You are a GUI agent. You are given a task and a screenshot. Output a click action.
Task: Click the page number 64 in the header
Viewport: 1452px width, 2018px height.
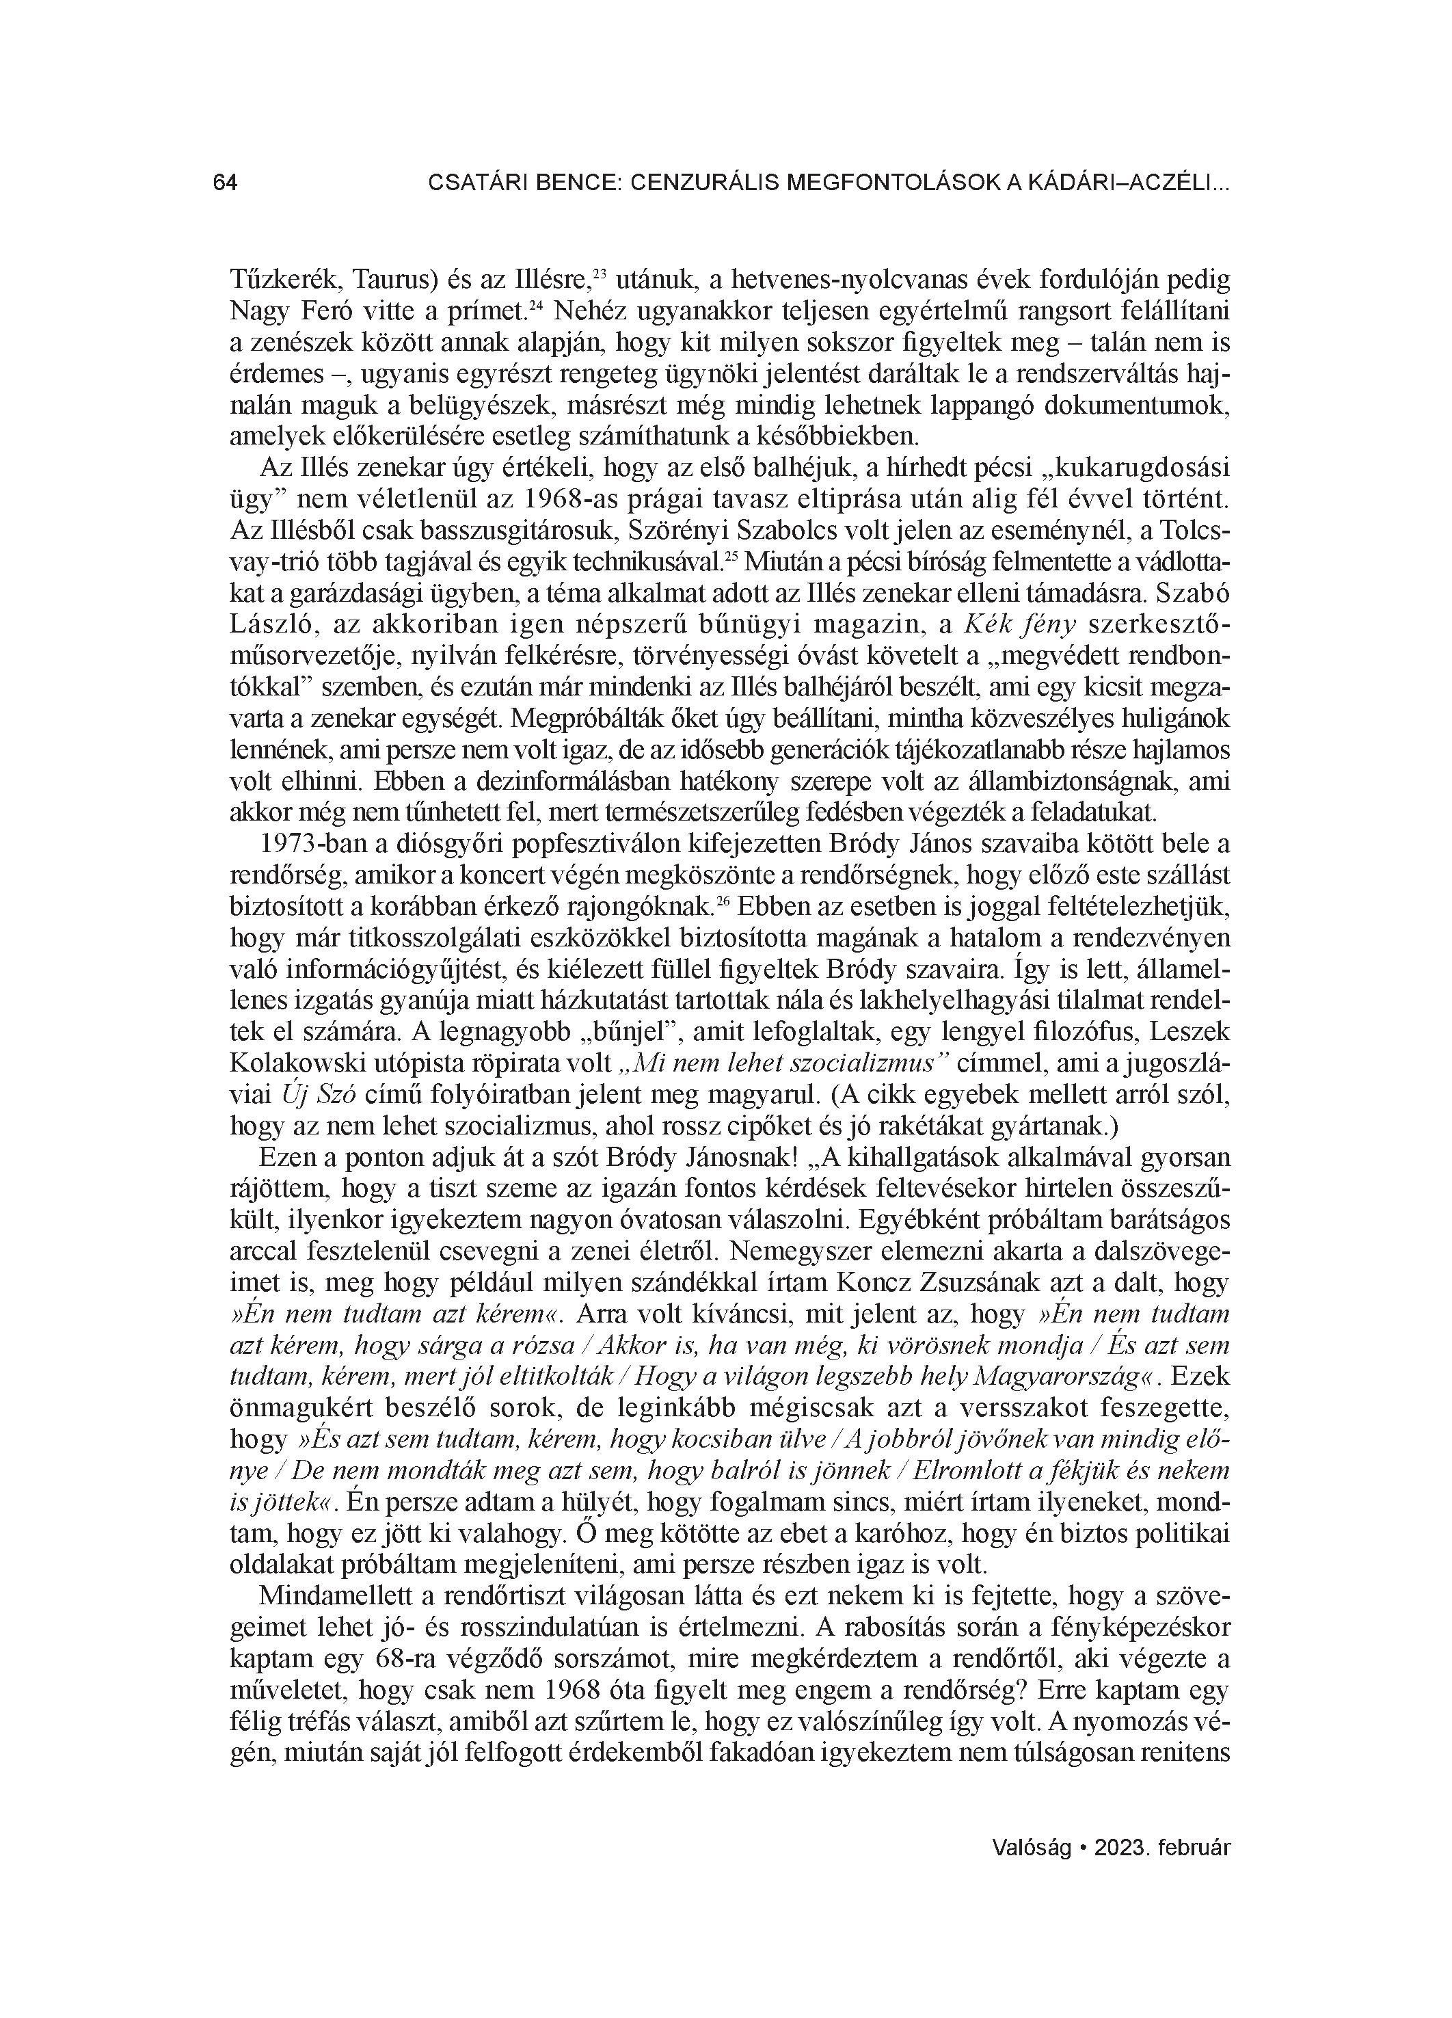[x=225, y=183]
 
